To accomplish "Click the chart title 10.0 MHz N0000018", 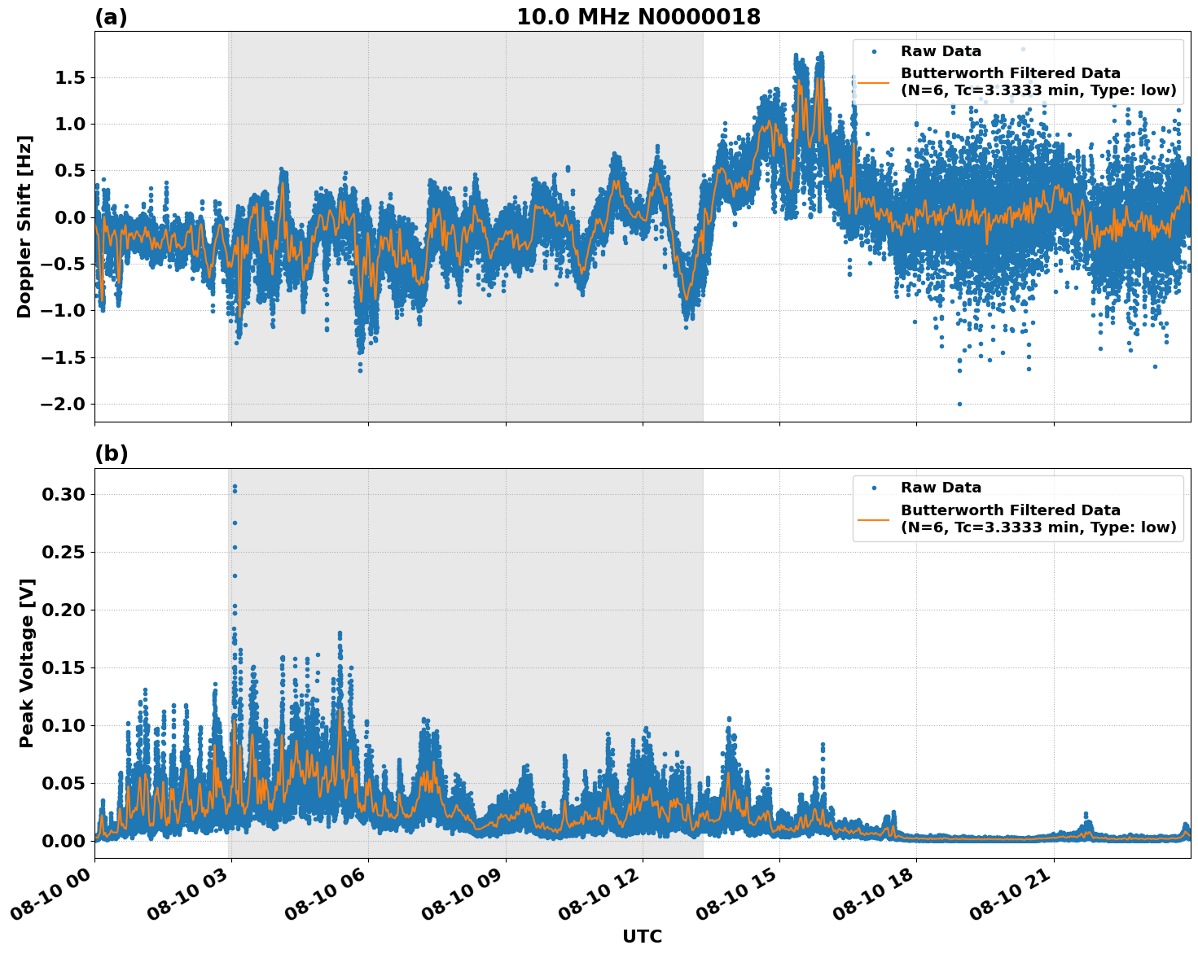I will pyautogui.click(x=638, y=17).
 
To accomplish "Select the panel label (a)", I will pyautogui.click(x=111, y=17).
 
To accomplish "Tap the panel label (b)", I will pyautogui.click(x=111, y=453).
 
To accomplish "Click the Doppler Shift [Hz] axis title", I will pyautogui.click(x=25, y=226).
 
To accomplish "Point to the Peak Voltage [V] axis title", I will pyautogui.click(x=27, y=663).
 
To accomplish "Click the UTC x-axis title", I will pyautogui.click(x=642, y=936).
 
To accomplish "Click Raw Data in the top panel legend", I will pyautogui.click(x=941, y=51).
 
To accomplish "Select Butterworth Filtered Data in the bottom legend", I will pyautogui.click(x=1010, y=510).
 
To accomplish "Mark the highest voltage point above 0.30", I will pyautogui.click(x=235, y=487).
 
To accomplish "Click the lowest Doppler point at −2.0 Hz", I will pyautogui.click(x=959, y=404).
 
